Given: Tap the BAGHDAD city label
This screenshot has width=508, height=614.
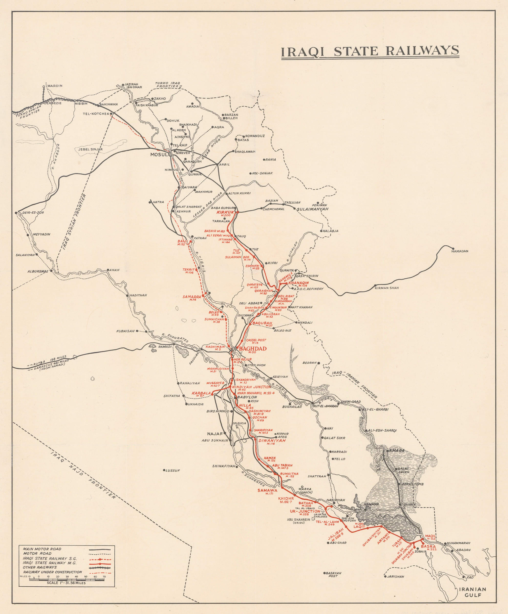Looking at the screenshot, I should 253,348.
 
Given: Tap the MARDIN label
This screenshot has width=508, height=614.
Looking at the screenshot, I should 55,86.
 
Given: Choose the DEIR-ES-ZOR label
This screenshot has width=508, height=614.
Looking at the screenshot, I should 33,213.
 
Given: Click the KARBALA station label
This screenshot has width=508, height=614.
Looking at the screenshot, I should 201,393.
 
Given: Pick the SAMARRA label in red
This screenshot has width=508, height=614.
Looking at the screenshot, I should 192,297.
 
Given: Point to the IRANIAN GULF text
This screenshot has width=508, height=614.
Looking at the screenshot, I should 473,592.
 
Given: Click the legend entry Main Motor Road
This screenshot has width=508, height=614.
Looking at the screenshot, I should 42,549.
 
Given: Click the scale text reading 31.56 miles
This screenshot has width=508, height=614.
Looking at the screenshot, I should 66,583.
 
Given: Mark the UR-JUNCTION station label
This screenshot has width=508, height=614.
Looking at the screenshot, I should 301,511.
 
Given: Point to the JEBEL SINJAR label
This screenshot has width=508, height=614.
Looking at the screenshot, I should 90,149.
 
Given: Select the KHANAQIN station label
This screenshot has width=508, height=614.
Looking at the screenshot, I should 298,283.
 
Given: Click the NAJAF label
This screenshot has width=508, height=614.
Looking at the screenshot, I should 215,434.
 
